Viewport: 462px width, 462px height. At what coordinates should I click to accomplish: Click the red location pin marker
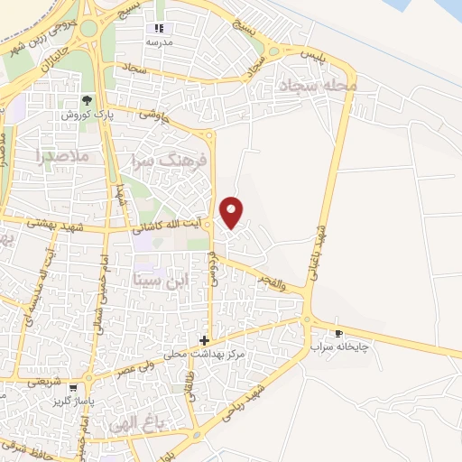click(x=233, y=211)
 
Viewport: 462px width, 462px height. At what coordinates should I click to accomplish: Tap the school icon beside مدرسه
click(x=160, y=28)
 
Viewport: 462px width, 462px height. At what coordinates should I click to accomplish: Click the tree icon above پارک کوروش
click(x=88, y=101)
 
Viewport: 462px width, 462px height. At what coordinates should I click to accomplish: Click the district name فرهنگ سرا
click(x=170, y=160)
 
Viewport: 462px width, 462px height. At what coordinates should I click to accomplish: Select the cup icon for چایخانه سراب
click(x=339, y=333)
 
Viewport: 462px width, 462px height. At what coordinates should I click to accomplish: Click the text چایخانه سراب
click(x=340, y=346)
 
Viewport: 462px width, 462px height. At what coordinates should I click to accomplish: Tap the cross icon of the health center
click(x=205, y=341)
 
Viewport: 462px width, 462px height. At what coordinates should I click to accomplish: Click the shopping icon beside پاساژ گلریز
click(x=73, y=388)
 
